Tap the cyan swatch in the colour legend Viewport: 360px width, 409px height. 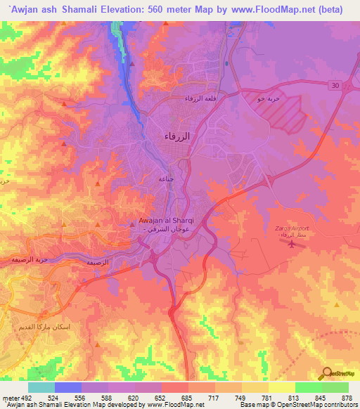pyautogui.click(x=41, y=387)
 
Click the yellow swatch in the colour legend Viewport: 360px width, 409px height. pyautogui.click(x=281, y=387)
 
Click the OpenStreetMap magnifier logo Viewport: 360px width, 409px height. pyautogui.click(x=327, y=373)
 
